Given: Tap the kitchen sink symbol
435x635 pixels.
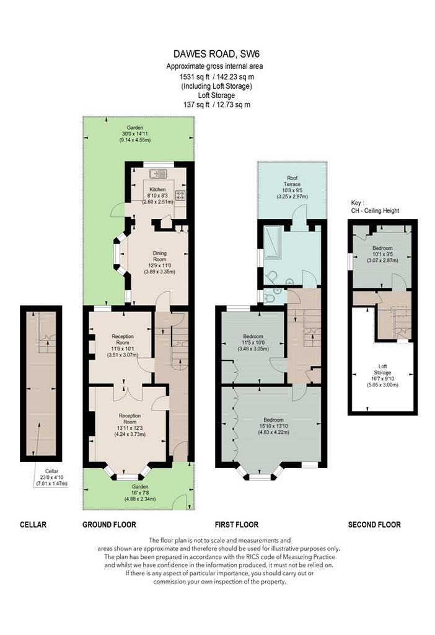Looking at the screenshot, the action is click(158, 174).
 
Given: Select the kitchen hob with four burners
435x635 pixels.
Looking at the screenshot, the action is click(180, 195).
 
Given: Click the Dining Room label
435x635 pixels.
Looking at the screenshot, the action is click(159, 262).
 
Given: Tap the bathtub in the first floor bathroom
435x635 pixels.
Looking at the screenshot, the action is click(272, 242).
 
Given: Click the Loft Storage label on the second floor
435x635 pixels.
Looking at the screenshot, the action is click(382, 375).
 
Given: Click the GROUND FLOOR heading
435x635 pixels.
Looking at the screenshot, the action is click(109, 525).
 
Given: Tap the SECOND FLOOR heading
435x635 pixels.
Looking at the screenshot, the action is click(374, 525).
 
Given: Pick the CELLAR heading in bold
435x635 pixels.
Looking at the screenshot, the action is click(33, 525).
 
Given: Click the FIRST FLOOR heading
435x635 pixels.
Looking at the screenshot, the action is click(236, 525).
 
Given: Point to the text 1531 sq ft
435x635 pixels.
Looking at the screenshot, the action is click(194, 76).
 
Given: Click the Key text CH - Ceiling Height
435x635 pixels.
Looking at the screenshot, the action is click(375, 211).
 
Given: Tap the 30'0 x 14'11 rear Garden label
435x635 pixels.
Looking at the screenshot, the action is click(134, 134).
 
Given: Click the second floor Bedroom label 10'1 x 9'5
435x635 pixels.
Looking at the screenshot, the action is click(382, 254).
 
